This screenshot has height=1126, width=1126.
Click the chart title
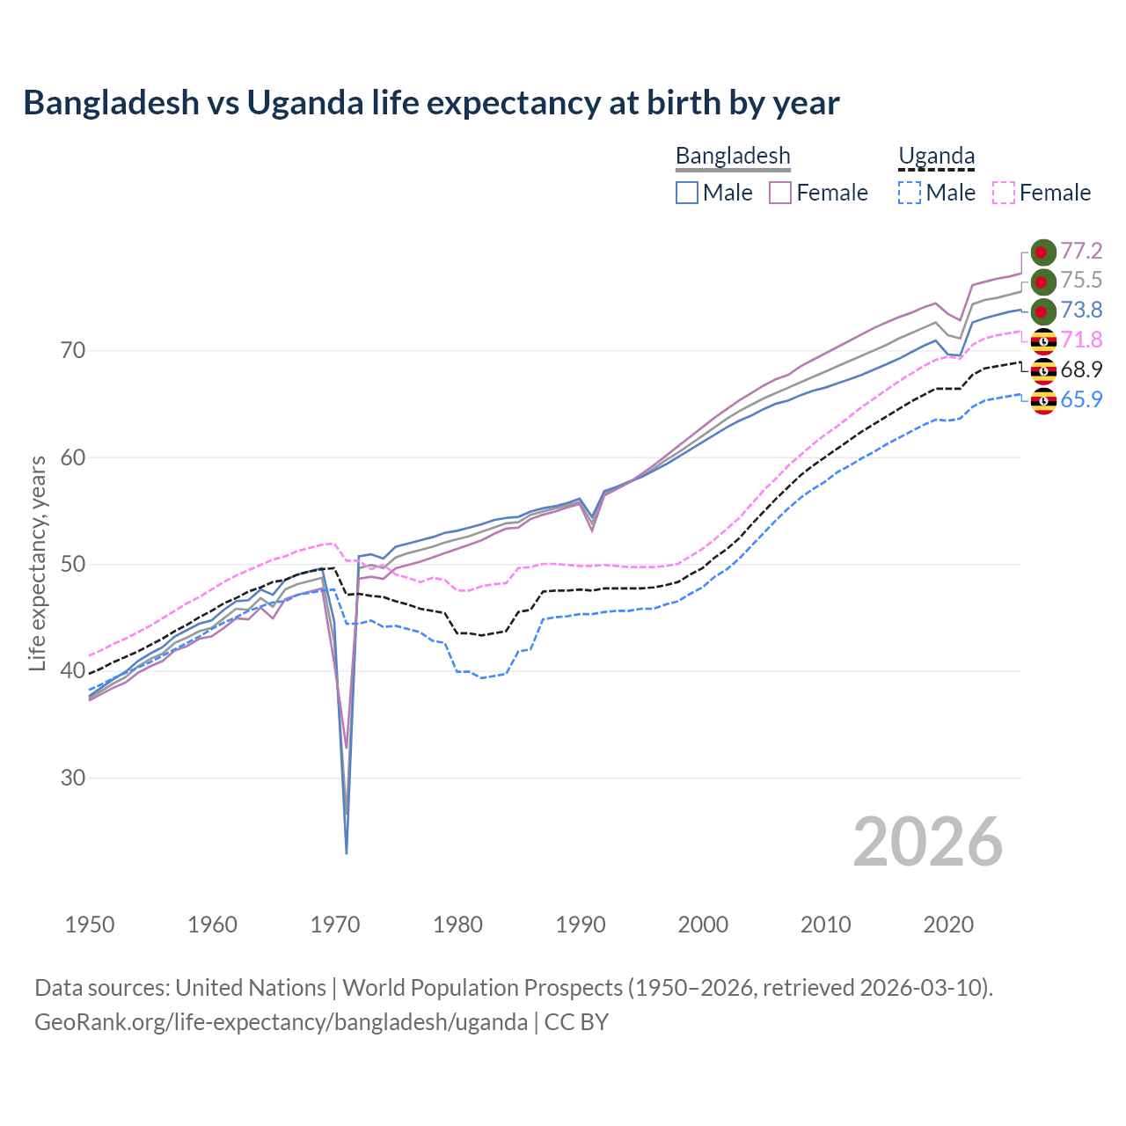(431, 103)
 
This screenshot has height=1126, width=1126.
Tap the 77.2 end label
(1081, 252)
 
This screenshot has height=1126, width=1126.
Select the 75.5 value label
(1081, 281)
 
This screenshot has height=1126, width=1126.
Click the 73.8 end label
(1081, 311)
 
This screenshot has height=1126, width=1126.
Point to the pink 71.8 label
(1081, 340)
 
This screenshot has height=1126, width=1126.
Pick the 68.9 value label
(1081, 370)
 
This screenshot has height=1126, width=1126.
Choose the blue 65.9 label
(1081, 400)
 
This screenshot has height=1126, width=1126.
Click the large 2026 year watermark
(928, 843)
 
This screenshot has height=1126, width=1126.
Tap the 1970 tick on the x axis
(335, 925)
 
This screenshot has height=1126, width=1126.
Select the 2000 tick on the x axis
(703, 925)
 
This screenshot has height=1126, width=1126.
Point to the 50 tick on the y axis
(73, 564)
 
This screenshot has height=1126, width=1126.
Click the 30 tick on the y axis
(73, 778)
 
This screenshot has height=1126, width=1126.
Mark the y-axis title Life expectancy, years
(38, 563)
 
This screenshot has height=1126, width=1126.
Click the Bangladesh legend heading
(733, 157)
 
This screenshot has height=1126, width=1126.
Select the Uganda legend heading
(936, 157)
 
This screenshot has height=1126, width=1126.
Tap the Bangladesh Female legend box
(780, 193)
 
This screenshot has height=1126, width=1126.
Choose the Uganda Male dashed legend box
(910, 193)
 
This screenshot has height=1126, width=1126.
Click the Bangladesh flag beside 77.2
(1042, 252)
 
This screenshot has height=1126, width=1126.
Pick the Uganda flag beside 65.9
(1042, 401)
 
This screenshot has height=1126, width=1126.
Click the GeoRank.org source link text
(281, 1022)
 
